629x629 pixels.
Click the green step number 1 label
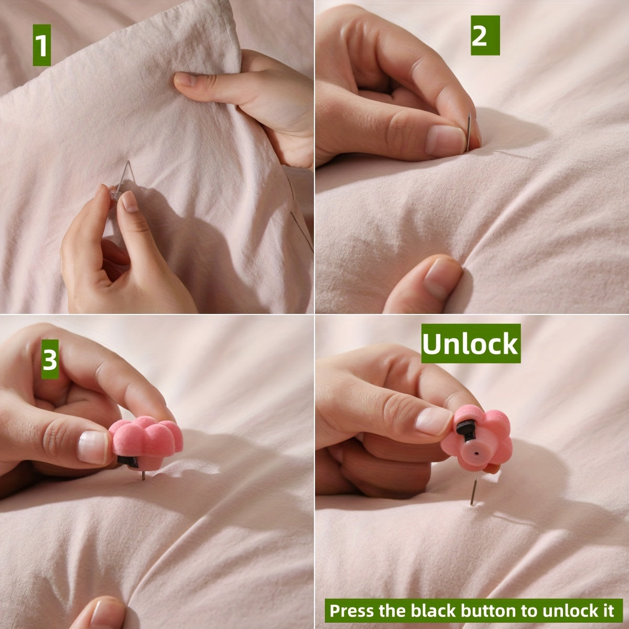(42, 46)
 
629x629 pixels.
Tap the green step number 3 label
(50, 360)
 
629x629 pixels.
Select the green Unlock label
(470, 344)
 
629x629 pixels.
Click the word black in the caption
(439, 611)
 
